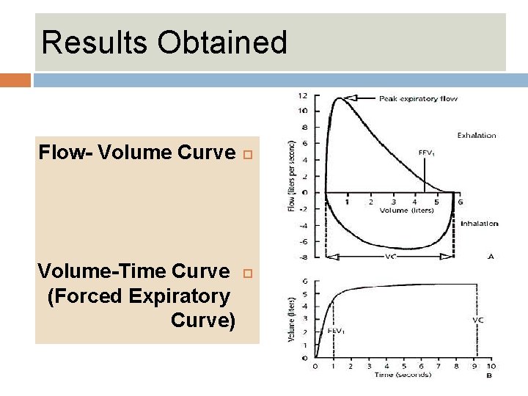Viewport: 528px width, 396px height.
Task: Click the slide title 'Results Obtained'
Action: (x=164, y=43)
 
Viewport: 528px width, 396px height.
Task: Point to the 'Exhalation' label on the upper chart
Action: (x=477, y=135)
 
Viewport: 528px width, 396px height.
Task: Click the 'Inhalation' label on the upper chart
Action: (x=479, y=223)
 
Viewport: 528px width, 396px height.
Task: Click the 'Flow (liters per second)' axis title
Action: (x=293, y=177)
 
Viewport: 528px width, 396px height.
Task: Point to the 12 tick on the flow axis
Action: (x=302, y=95)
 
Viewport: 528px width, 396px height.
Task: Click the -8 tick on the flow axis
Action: (x=302, y=257)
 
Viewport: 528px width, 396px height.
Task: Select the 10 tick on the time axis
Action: (x=491, y=367)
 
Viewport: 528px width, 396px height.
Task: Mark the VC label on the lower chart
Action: (x=478, y=320)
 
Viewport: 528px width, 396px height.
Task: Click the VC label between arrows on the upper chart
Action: (x=392, y=257)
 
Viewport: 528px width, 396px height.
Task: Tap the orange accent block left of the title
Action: (x=15, y=79)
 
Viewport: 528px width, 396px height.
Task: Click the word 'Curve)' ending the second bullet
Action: (x=202, y=320)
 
